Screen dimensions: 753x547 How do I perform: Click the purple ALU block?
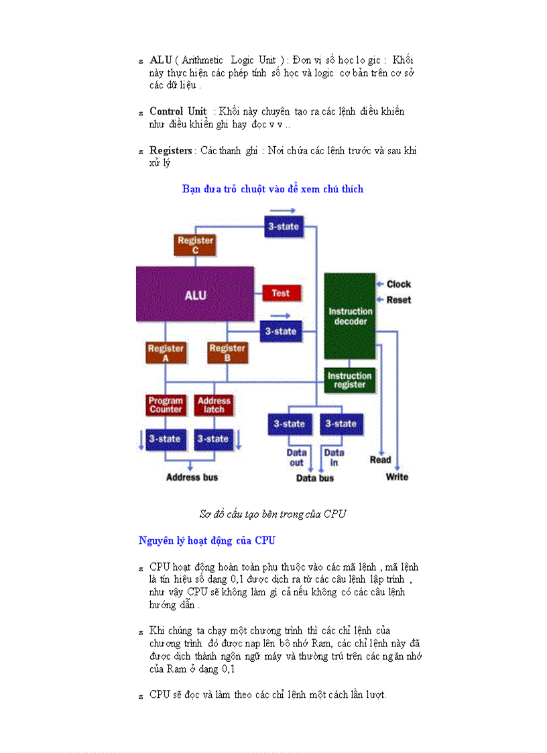tap(195, 294)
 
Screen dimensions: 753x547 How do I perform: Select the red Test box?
tap(281, 293)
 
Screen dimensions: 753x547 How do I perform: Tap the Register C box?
tap(195, 245)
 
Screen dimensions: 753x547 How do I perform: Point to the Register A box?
tap(166, 353)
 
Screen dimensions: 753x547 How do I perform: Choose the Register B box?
tap(227, 353)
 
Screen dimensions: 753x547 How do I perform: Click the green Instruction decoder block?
tap(350, 316)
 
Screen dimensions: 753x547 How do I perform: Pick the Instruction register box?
tap(349, 380)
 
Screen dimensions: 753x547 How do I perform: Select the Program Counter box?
tap(166, 405)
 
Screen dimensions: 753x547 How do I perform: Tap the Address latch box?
tap(214, 405)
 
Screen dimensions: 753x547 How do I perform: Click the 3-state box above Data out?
tap(289, 424)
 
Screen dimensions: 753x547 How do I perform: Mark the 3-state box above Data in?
tap(341, 424)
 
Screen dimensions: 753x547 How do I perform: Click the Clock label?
tap(398, 284)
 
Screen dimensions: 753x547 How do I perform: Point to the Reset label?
tap(398, 300)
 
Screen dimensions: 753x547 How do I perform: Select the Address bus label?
tap(192, 477)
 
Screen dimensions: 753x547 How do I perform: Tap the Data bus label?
tap(315, 478)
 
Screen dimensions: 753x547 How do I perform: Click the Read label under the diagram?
tap(380, 460)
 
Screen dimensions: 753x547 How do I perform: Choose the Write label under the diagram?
tap(397, 477)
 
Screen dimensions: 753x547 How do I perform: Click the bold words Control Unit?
tap(178, 111)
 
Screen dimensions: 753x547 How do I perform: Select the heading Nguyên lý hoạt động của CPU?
tap(206, 540)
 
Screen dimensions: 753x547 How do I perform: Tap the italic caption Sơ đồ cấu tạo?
tap(272, 514)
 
